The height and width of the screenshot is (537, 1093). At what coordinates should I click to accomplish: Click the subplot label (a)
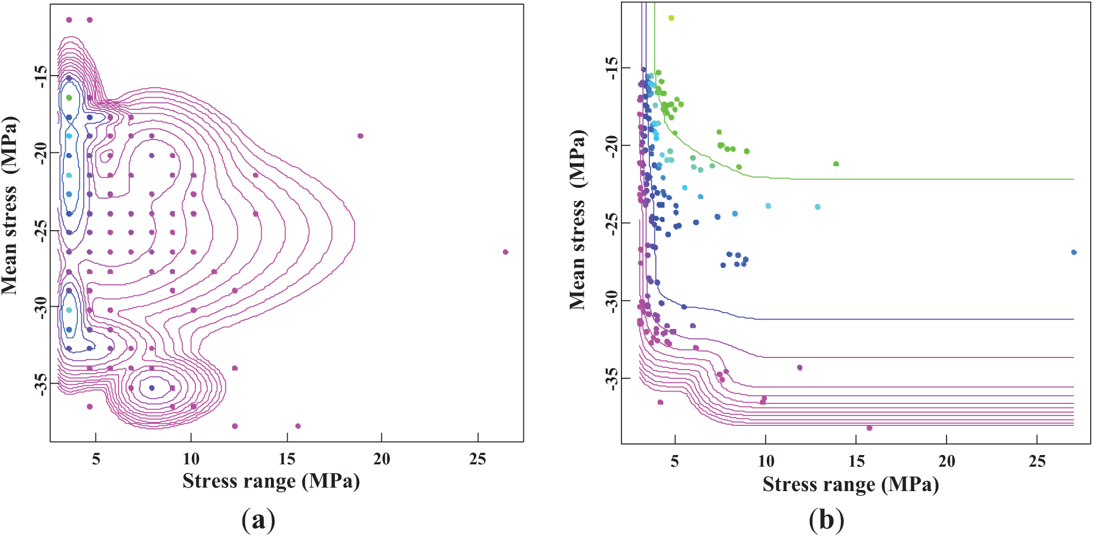tap(258, 520)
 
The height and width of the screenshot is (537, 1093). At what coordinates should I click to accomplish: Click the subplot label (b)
tap(826, 520)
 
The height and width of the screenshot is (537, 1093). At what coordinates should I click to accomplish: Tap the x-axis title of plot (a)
tap(271, 481)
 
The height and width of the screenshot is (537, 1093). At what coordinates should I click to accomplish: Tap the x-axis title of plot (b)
tap(851, 484)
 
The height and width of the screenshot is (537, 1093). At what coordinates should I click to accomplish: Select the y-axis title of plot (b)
tap(578, 219)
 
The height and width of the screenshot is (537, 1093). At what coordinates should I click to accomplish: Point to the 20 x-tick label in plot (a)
tap(381, 459)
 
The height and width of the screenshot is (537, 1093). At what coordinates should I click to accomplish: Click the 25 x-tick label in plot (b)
tap(1037, 461)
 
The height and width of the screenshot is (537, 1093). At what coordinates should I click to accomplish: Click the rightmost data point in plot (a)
tap(505, 252)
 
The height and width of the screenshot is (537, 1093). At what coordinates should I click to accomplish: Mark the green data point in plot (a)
tap(69, 98)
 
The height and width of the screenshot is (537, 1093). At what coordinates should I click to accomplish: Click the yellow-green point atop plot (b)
tap(671, 18)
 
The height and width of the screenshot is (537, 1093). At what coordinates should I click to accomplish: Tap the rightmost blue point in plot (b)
tap(1074, 252)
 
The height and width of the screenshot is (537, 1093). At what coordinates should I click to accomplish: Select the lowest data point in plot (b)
tap(869, 428)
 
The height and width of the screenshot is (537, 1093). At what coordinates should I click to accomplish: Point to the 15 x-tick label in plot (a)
tap(287, 459)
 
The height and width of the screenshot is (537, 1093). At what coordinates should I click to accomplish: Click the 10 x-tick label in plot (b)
tap(766, 461)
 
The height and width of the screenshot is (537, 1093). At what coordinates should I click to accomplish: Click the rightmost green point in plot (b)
tap(836, 164)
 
